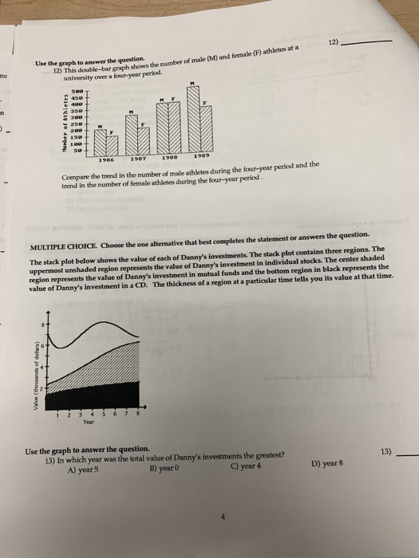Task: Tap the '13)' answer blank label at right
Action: pyautogui.click(x=388, y=451)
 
